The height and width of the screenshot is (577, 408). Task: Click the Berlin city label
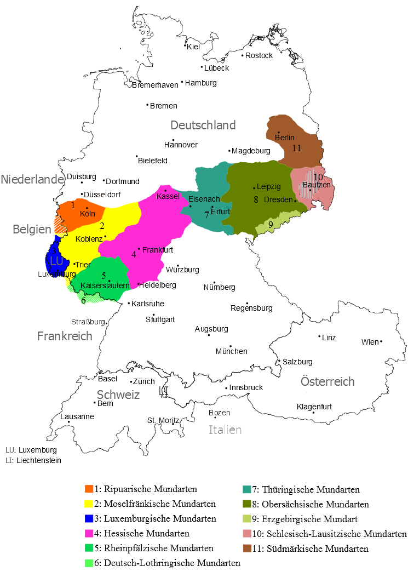pyautogui.click(x=285, y=138)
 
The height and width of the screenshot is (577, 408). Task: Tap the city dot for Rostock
pyautogui.click(x=242, y=55)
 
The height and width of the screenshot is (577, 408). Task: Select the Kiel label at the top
pyautogui.click(x=194, y=47)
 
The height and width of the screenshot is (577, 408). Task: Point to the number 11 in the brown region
pyautogui.click(x=297, y=148)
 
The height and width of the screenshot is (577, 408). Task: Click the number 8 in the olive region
pyautogui.click(x=256, y=199)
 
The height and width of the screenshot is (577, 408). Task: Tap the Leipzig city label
pyautogui.click(x=268, y=187)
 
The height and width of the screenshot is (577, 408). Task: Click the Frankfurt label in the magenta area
pyautogui.click(x=158, y=250)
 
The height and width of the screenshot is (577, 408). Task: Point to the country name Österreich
pyautogui.click(x=327, y=381)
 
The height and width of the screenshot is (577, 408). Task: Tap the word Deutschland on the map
pyautogui.click(x=203, y=125)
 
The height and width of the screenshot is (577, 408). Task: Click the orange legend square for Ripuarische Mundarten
pyautogui.click(x=89, y=489)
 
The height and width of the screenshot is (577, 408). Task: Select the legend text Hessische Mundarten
pyautogui.click(x=142, y=533)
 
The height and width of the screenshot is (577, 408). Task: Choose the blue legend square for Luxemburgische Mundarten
pyautogui.click(x=89, y=518)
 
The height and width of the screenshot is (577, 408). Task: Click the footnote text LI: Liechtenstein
pyautogui.click(x=33, y=461)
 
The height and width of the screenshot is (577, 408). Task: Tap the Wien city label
pyautogui.click(x=370, y=342)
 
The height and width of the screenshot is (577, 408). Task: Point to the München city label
pyautogui.click(x=231, y=351)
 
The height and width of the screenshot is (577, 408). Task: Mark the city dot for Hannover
pyautogui.click(x=173, y=140)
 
